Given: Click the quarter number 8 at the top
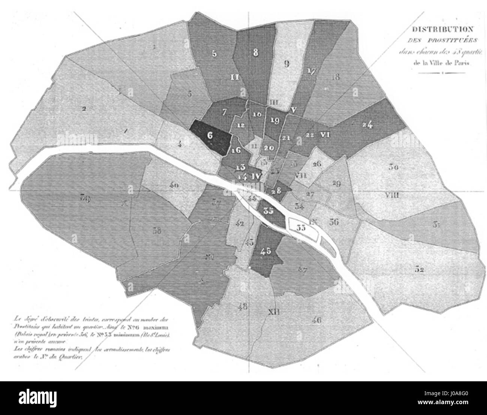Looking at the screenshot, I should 255,53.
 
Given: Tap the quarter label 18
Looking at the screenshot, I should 335,78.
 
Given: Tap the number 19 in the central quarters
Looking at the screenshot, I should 275,120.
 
